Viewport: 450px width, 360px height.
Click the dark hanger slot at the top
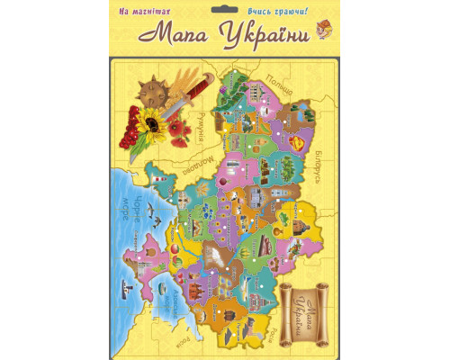(x=225, y=11)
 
